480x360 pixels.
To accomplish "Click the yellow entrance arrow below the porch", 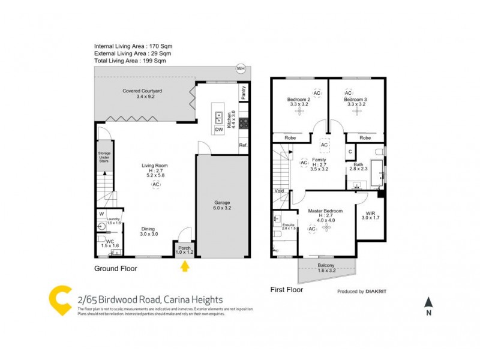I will (184, 265).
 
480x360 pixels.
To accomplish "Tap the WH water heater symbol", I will (241, 68).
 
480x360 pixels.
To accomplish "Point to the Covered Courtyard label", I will (142, 94).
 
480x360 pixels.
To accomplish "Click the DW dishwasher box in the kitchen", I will (219, 129).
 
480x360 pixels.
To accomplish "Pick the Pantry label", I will (243, 92).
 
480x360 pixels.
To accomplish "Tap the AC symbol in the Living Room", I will (155, 184).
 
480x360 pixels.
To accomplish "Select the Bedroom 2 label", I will (298, 100).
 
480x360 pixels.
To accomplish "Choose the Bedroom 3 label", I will (356, 100).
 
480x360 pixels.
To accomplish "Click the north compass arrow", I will (428, 304).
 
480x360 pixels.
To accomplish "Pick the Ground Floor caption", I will (115, 269).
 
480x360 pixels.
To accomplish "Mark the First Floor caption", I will (286, 290).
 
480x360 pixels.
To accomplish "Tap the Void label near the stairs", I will (279, 191).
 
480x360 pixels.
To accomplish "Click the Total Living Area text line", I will (130, 61).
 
